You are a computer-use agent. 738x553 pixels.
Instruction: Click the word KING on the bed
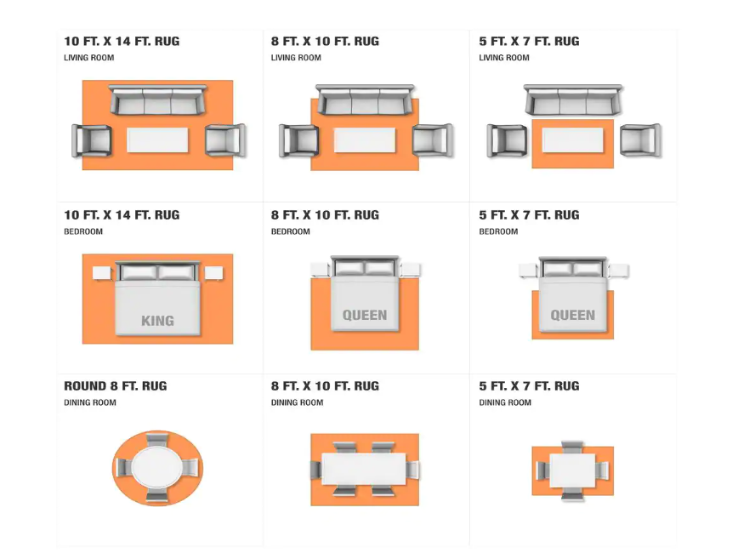(157, 321)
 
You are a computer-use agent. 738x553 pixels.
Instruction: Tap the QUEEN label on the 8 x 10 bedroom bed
(365, 315)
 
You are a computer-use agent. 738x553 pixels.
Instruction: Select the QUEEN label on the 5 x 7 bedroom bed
(573, 315)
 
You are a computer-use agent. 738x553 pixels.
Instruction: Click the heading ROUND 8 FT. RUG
(116, 386)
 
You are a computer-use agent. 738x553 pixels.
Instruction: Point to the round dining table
(157, 468)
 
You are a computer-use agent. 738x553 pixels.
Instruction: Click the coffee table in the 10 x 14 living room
(157, 140)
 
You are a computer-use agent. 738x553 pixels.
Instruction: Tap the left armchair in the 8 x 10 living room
(299, 140)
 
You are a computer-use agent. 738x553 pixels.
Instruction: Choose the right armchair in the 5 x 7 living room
(640, 140)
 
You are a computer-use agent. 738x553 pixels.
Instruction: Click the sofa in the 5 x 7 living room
(573, 100)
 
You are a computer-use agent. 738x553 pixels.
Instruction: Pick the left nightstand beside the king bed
(102, 273)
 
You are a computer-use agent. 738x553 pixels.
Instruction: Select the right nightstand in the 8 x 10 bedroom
(411, 270)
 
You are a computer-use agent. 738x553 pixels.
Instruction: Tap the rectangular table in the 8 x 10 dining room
(364, 469)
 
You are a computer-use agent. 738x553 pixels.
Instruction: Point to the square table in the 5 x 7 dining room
(573, 470)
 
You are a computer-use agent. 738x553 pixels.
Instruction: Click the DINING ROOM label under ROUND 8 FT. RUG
(90, 402)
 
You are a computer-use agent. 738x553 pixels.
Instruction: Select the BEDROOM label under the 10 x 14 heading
(83, 231)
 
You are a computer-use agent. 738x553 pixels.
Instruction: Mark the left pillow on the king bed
(139, 272)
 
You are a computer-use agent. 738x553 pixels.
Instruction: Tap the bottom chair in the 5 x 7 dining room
(572, 493)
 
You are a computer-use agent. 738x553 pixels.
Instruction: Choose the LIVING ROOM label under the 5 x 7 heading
(504, 58)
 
